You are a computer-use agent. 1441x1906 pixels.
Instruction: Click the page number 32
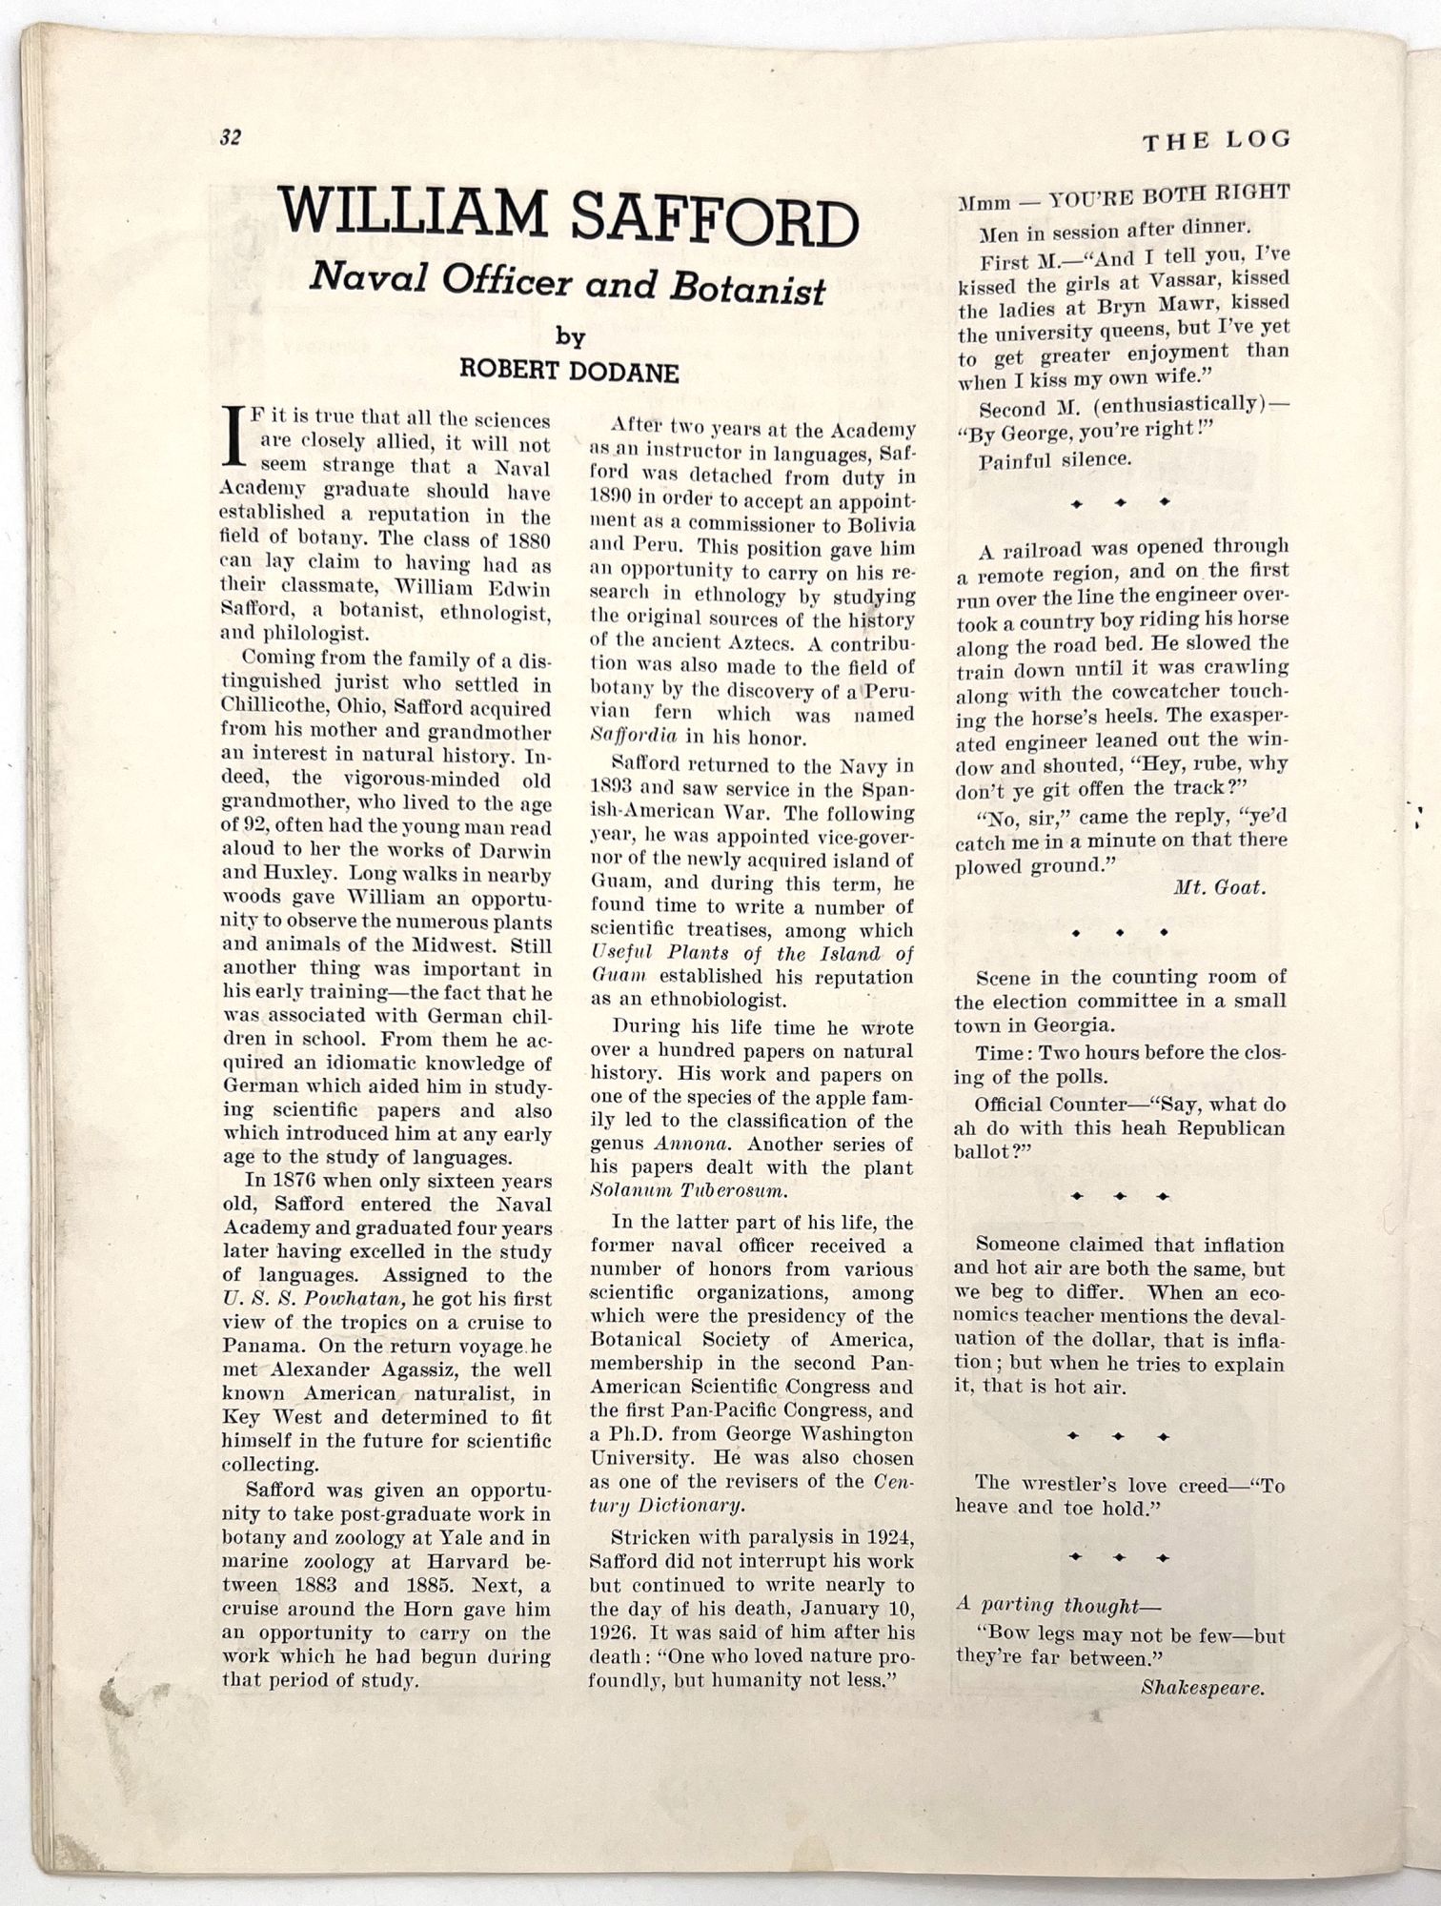[230, 137]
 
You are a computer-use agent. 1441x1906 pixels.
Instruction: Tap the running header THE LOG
[1216, 141]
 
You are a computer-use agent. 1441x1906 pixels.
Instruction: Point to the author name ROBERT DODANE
[569, 371]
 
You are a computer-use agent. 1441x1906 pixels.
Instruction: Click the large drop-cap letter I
[233, 437]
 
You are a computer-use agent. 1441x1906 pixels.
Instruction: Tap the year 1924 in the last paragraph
[883, 1537]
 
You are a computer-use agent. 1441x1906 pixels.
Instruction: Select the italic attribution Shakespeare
[1203, 1687]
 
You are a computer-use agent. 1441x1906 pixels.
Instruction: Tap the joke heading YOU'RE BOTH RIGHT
[1169, 196]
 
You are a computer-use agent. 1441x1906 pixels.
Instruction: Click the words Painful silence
[1055, 459]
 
